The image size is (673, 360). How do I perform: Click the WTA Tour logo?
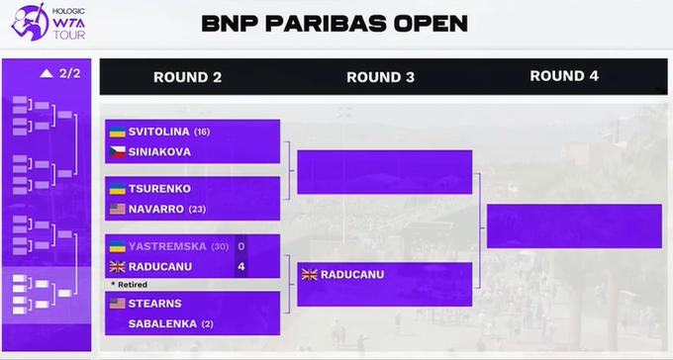[x=48, y=23]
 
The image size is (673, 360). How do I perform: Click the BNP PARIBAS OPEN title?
[x=335, y=24]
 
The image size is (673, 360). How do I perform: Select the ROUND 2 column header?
[x=188, y=77]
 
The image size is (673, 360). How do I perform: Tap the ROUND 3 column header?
[x=380, y=77]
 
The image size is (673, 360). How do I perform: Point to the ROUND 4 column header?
[x=564, y=76]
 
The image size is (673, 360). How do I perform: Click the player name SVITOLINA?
[x=158, y=132]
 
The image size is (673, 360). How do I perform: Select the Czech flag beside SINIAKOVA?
[x=117, y=152]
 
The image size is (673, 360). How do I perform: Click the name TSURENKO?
[x=159, y=189]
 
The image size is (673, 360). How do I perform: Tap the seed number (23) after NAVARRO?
[x=197, y=210]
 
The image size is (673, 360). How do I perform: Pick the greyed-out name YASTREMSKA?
[x=167, y=246]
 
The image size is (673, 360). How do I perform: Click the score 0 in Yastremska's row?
[x=241, y=246]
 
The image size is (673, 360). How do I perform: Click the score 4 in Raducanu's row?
[x=241, y=267]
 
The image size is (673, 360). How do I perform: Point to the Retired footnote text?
[x=130, y=285]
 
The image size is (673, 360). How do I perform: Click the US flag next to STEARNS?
[x=117, y=304]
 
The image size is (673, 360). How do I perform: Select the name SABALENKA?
[x=162, y=324]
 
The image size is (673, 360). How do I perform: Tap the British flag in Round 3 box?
[x=310, y=275]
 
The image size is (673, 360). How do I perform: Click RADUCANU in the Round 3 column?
[x=352, y=275]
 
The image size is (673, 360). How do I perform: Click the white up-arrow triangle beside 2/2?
[x=47, y=74]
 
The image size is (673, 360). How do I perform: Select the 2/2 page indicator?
[x=69, y=74]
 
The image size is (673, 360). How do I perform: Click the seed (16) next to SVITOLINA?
[x=202, y=132]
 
